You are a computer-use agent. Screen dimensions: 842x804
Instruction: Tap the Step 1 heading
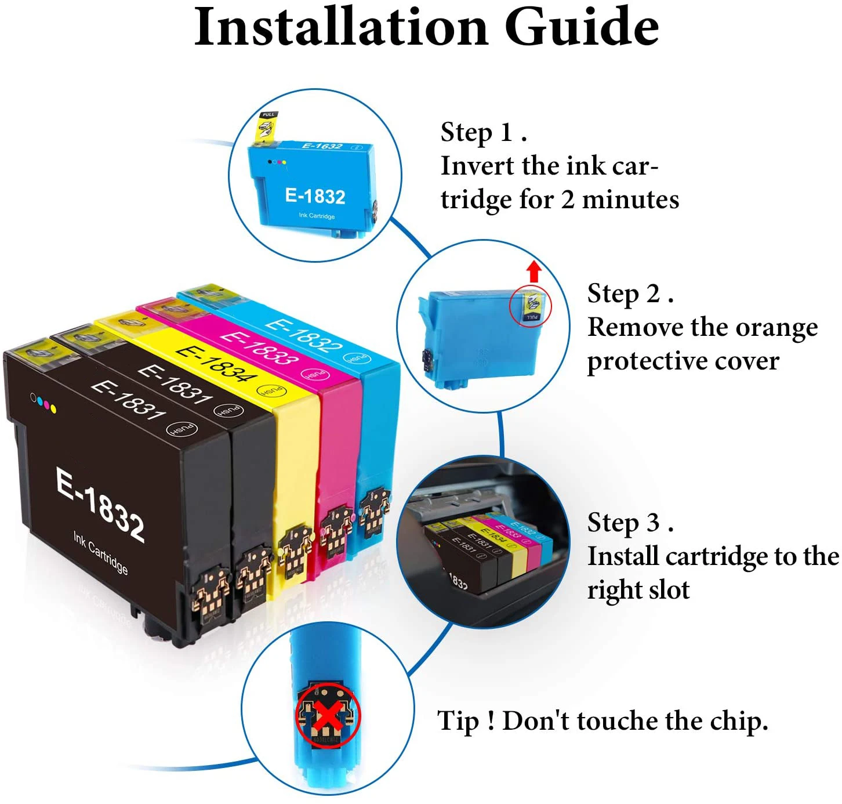point(484,132)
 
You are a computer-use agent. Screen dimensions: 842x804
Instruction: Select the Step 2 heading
point(630,294)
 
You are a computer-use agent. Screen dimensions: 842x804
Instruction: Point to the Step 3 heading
point(630,523)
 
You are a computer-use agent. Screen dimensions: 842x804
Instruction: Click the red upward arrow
point(533,271)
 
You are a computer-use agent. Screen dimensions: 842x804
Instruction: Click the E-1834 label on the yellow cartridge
point(216,363)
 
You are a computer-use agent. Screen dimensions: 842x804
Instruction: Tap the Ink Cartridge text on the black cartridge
point(100,552)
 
